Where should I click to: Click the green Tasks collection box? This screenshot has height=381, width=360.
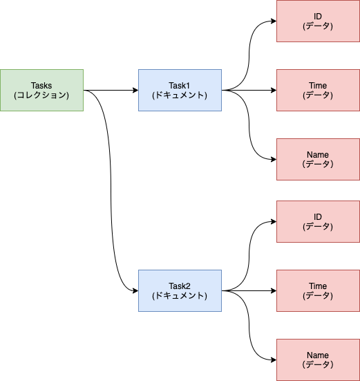[41, 90]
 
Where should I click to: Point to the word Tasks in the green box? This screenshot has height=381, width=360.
[41, 85]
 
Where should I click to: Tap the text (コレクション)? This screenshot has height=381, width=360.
[41, 95]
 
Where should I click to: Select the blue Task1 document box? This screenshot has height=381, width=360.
[180, 90]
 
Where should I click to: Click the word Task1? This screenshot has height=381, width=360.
[180, 85]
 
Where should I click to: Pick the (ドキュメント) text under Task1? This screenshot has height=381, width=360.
[180, 95]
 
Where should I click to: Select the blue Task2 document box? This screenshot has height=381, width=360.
[180, 290]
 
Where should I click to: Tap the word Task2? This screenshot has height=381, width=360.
[180, 286]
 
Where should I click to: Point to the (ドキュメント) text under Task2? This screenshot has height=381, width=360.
[180, 296]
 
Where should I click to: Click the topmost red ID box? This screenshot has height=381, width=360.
[318, 21]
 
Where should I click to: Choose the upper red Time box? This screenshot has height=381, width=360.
[318, 90]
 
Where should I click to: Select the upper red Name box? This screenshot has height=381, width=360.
[318, 159]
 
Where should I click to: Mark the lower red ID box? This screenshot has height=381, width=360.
[318, 221]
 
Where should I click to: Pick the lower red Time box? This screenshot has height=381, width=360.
[318, 290]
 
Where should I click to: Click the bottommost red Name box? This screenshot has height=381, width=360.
[318, 360]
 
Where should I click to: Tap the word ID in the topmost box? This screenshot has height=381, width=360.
[318, 16]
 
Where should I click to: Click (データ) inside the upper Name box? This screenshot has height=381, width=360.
[318, 165]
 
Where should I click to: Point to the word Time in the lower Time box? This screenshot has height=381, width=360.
[318, 286]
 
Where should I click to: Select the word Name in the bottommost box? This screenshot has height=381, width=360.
[318, 355]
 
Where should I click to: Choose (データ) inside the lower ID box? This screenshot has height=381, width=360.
[318, 227]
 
